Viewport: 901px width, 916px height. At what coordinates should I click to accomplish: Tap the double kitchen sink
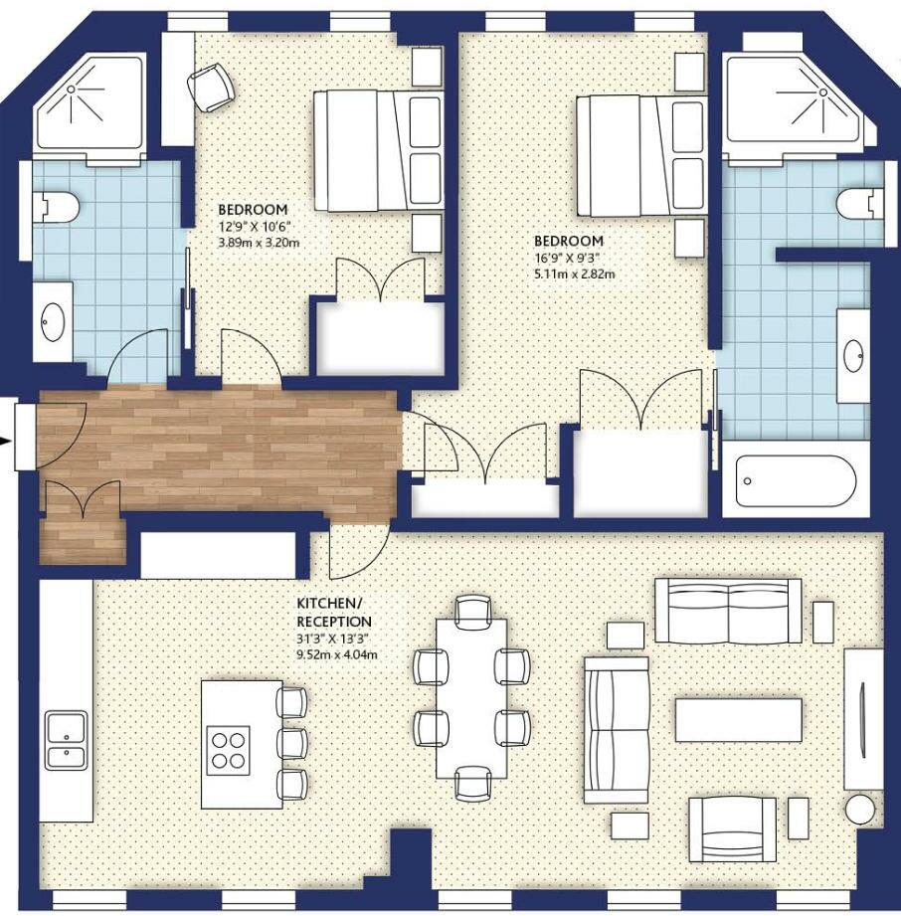pos(66,740)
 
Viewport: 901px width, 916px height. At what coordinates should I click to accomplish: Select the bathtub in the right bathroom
pos(796,480)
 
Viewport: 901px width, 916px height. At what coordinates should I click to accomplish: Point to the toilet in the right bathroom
pos(859,205)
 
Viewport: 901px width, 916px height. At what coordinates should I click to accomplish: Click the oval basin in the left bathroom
pos(53,322)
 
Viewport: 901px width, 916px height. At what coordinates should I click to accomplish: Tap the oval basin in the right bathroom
pos(853,356)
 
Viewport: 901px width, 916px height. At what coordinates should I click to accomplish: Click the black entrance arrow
pos(5,441)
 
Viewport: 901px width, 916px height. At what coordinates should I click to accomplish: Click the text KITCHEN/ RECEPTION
pos(333,612)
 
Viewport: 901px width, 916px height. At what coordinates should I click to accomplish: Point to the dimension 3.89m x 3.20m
pos(259,243)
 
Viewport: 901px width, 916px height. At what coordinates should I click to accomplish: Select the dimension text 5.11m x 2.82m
pos(575,274)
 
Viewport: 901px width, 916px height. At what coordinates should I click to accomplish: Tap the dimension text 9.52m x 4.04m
pos(336,654)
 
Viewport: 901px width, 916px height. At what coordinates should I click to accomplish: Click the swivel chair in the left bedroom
pos(211,87)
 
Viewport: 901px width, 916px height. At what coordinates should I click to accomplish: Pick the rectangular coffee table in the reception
pos(739,720)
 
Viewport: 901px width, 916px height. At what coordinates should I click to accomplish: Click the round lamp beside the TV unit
pos(859,810)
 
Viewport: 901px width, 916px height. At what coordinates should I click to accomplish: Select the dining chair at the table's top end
pos(472,612)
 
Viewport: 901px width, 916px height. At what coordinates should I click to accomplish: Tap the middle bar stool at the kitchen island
pos(291,743)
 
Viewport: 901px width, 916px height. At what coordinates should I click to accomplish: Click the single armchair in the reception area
pos(733,829)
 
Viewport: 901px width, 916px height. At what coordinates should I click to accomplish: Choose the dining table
pos(471,698)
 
